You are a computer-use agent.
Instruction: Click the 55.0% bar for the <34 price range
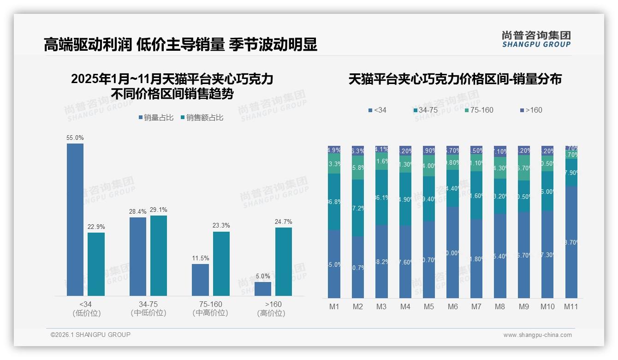(75, 219)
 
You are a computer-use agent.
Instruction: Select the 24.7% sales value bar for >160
(284, 261)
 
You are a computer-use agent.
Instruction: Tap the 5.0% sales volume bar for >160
(263, 288)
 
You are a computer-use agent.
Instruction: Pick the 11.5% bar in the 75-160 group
(200, 280)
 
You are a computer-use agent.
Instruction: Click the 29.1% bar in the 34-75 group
(159, 255)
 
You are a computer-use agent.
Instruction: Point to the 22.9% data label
(96, 227)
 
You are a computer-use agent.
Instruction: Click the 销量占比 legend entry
(156, 118)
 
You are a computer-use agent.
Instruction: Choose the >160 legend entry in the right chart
(531, 110)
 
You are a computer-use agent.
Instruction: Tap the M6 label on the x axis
(452, 307)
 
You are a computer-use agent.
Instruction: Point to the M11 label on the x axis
(571, 307)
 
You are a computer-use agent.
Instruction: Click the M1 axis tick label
(334, 307)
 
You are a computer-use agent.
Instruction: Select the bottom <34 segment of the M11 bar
(571, 242)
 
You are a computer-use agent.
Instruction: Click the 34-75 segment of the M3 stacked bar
(381, 198)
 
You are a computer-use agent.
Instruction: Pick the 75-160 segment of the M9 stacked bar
(523, 168)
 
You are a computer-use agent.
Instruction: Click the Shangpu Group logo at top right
(536, 39)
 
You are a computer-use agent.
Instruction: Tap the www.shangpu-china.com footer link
(537, 335)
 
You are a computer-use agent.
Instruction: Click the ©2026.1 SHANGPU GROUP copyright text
(90, 335)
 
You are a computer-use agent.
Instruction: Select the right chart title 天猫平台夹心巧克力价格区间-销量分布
(455, 79)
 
